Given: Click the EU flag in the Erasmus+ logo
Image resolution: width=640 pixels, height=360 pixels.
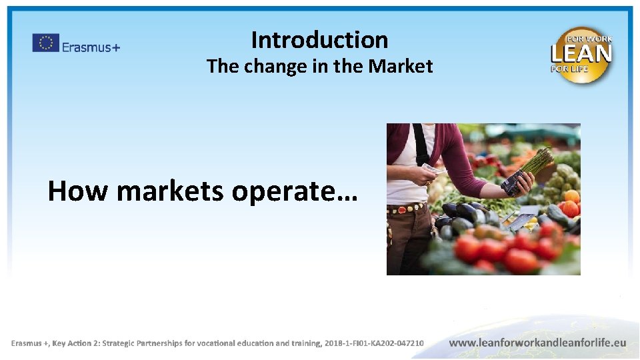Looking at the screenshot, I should [45, 43].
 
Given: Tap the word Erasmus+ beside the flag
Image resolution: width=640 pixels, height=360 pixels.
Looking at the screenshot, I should [91, 47].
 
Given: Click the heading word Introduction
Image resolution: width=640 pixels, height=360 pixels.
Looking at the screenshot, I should [319, 40].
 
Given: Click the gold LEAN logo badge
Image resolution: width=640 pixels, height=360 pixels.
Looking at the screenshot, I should [581, 55].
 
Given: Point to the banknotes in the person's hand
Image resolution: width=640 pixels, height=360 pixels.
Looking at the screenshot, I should [432, 169].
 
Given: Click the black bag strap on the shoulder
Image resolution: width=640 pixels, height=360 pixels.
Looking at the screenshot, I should [421, 143].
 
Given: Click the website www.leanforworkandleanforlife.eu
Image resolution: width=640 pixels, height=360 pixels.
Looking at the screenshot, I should [537, 343].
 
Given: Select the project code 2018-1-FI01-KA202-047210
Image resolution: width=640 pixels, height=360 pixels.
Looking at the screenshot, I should [373, 343].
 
